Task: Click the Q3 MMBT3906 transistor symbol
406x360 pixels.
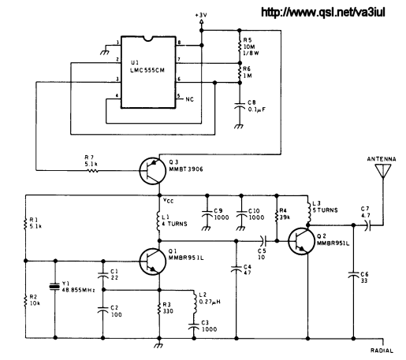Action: pyautogui.click(x=152, y=171)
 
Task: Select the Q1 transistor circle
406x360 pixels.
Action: pyautogui.click(x=152, y=262)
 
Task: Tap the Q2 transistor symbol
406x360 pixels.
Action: pyautogui.click(x=301, y=241)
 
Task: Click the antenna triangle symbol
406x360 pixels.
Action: pyautogui.click(x=383, y=171)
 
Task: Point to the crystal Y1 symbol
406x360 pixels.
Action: pyautogui.click(x=55, y=287)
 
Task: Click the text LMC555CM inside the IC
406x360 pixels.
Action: pyautogui.click(x=147, y=70)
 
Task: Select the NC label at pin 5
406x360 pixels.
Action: pyautogui.click(x=189, y=99)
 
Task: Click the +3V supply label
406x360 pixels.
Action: pyautogui.click(x=201, y=15)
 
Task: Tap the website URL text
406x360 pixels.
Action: pyautogui.click(x=323, y=13)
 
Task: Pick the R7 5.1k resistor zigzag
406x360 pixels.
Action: pyautogui.click(x=92, y=171)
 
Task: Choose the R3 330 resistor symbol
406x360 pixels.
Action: pyautogui.click(x=159, y=309)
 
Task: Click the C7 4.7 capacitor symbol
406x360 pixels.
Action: pyautogui.click(x=367, y=225)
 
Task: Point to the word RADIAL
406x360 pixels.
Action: pyautogui.click(x=382, y=351)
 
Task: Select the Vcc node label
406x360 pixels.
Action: pyautogui.click(x=168, y=201)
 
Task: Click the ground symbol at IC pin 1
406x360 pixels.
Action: pyautogui.click(x=105, y=50)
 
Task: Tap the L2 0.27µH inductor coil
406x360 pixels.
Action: pyautogui.click(x=195, y=304)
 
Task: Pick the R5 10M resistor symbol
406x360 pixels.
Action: pyautogui.click(x=240, y=45)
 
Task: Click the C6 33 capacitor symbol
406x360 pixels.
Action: pyautogui.click(x=353, y=275)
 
